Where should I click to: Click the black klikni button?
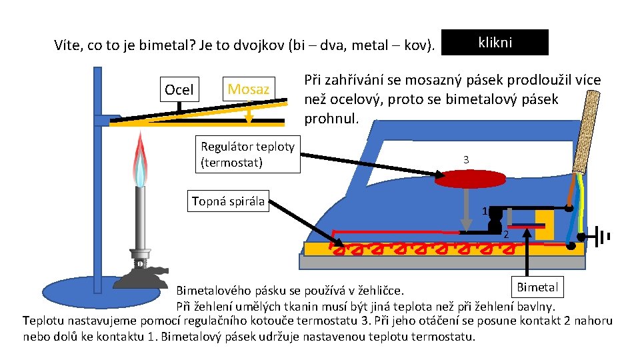point(495,42)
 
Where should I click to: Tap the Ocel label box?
point(179,89)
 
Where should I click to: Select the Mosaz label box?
point(248,89)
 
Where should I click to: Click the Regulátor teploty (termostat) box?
point(247,155)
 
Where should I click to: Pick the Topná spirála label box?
point(227,201)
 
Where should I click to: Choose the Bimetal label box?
point(537,287)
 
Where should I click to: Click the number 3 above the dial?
point(466,160)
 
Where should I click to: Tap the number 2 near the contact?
point(506,235)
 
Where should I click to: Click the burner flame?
point(140,160)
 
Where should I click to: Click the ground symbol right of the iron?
point(603,237)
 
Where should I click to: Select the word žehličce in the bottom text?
point(392,291)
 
